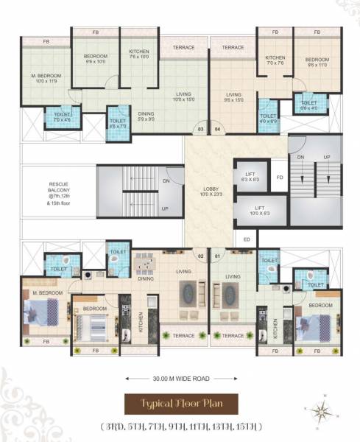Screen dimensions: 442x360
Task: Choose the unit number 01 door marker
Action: (x=217, y=256)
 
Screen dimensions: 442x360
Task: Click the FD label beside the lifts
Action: (x=279, y=177)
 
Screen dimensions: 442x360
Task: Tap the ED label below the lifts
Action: (x=247, y=239)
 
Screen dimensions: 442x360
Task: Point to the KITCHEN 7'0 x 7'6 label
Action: (x=275, y=60)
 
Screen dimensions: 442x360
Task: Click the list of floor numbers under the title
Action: (x=180, y=427)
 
